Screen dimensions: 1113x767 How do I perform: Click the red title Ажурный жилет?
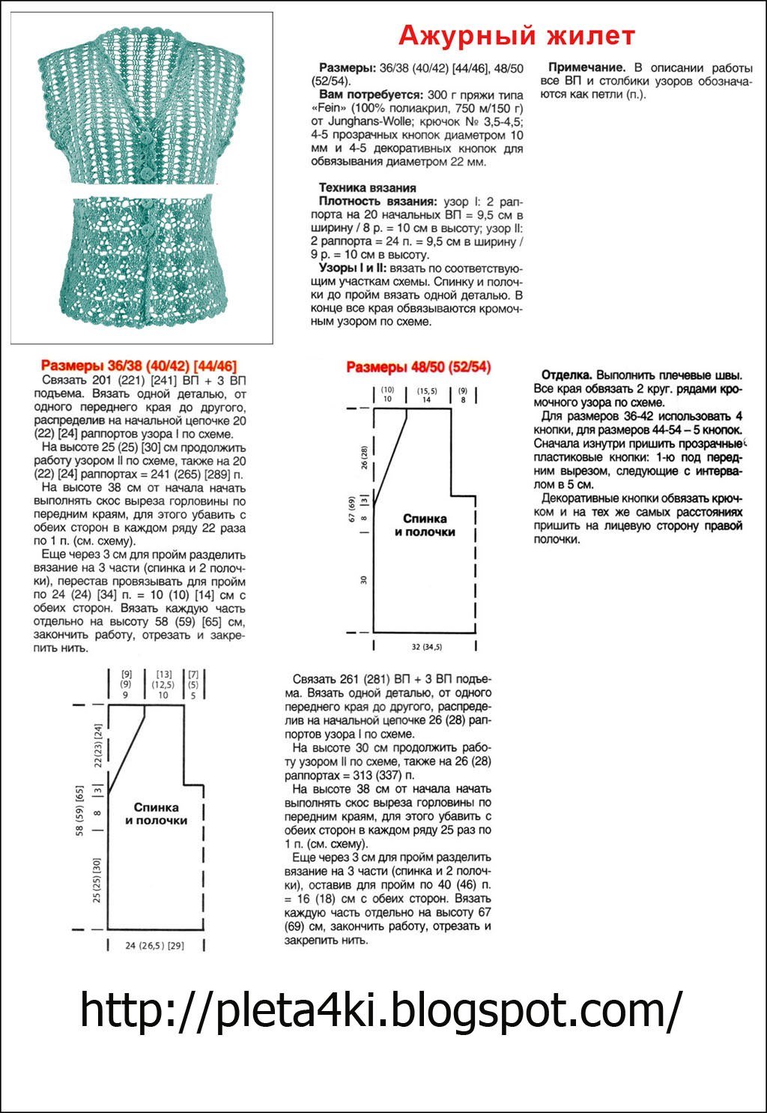(x=516, y=35)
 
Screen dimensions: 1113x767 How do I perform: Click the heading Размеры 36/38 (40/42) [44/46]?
(x=139, y=366)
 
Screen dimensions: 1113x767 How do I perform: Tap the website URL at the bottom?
(x=381, y=1010)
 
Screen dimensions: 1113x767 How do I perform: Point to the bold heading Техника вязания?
(x=367, y=187)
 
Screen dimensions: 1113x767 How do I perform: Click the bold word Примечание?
(x=586, y=66)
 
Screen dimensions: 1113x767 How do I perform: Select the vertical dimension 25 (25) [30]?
(x=96, y=880)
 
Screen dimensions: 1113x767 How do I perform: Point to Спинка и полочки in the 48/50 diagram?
(x=425, y=525)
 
